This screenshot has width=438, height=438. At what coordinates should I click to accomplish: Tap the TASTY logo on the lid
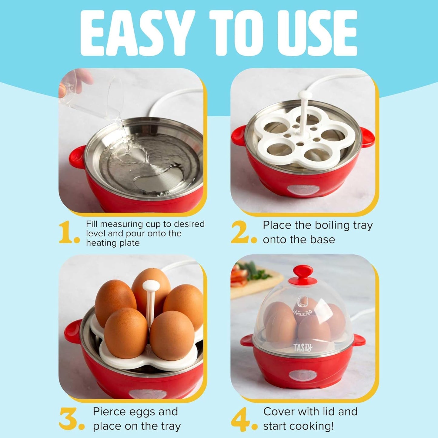(x=303, y=348)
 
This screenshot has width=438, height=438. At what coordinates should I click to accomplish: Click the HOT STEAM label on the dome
(x=302, y=312)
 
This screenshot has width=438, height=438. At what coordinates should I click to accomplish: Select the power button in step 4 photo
(x=303, y=375)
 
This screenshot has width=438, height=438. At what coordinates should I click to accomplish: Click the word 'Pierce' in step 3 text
(x=109, y=412)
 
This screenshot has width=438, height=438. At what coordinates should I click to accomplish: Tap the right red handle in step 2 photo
(x=367, y=137)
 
